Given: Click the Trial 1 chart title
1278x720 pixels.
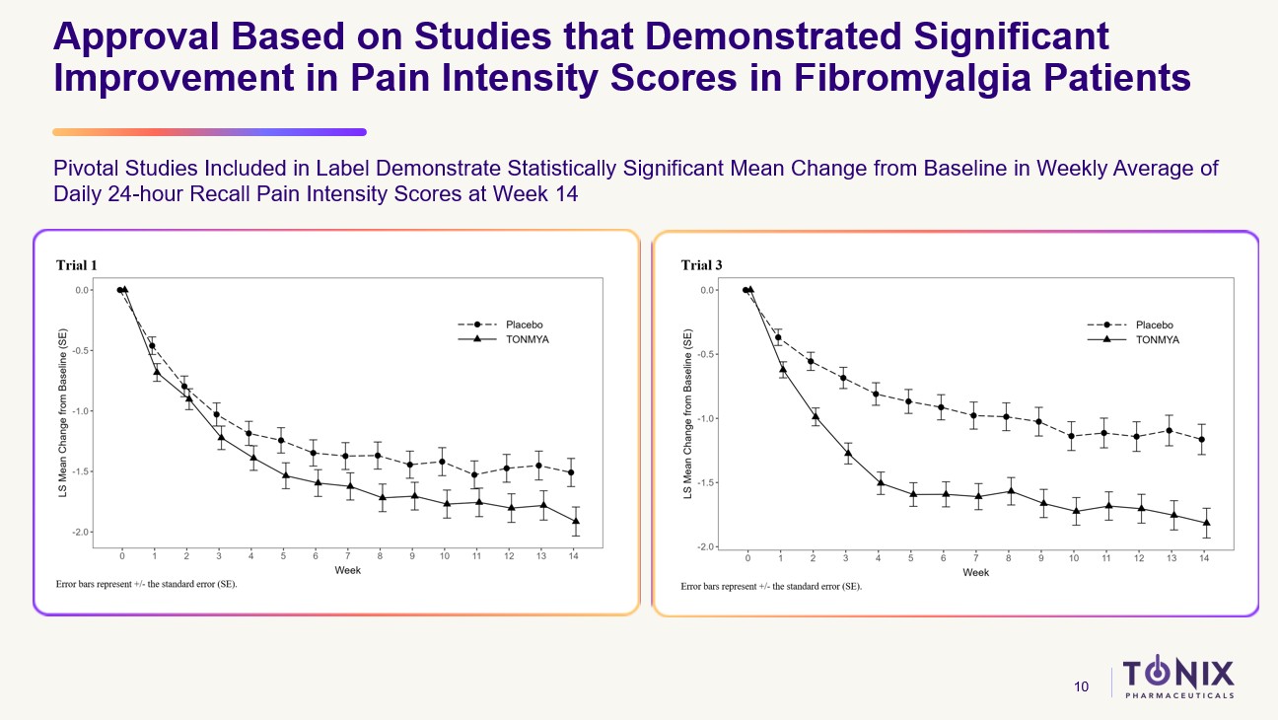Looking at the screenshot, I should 76,264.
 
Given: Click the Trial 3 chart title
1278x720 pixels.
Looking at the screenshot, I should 701,264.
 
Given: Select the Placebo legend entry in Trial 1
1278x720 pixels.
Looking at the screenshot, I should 524,324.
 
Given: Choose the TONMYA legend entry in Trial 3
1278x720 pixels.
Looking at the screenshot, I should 1157,339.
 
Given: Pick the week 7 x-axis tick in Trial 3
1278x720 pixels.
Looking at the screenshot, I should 975,558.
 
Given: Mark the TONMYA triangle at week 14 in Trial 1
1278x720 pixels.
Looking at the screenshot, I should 574,521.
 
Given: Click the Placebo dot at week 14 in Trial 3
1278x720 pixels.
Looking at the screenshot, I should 1201,440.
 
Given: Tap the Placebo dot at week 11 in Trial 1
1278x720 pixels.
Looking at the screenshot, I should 477,475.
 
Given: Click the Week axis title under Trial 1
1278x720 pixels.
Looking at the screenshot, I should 348,571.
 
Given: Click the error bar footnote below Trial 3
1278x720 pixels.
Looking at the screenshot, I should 771,586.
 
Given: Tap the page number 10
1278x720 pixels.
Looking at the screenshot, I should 1082,686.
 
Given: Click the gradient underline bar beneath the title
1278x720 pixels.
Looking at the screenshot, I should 209,131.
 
